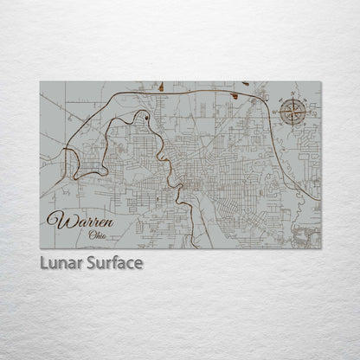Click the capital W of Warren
(58, 221)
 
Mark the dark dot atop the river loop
(147, 116)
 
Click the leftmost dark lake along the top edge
(162, 86)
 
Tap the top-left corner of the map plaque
(41, 82)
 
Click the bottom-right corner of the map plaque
(320, 248)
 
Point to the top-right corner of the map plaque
(320, 82)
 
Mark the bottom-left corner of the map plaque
(41, 248)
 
